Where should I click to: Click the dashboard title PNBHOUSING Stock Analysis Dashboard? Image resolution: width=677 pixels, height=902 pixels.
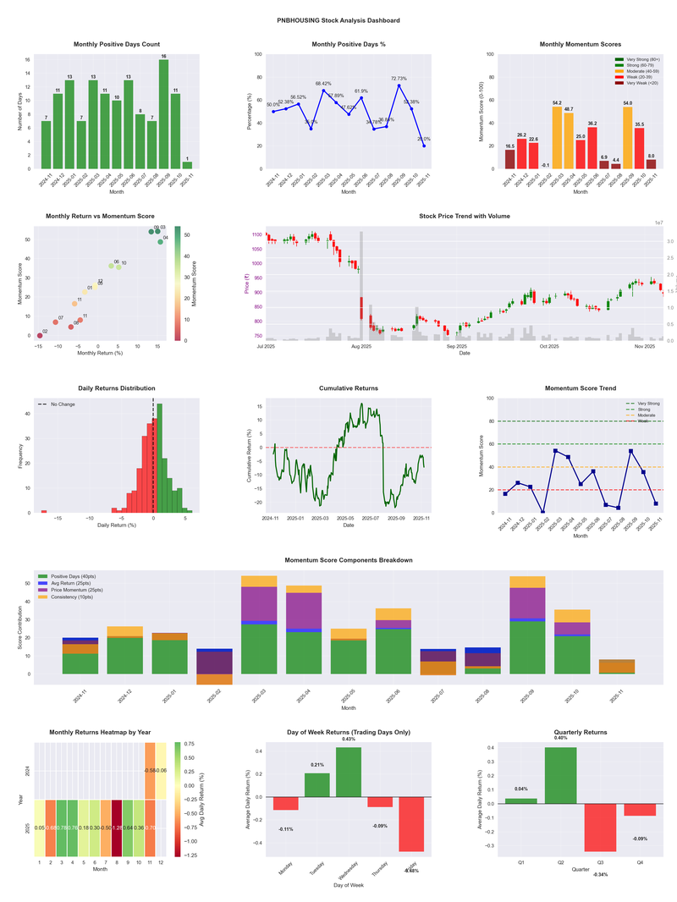[x=338, y=19]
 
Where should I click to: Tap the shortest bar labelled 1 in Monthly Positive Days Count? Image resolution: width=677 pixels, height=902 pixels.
[x=187, y=165]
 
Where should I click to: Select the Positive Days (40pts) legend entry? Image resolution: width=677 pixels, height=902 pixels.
[x=75, y=575]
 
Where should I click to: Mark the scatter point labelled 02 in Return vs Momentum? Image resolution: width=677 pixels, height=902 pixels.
[x=40, y=336]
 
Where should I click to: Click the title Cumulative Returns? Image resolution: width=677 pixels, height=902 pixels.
[x=349, y=388]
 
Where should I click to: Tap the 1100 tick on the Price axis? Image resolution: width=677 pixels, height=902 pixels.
[x=255, y=234]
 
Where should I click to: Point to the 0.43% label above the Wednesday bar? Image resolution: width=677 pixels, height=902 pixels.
[x=349, y=740]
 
